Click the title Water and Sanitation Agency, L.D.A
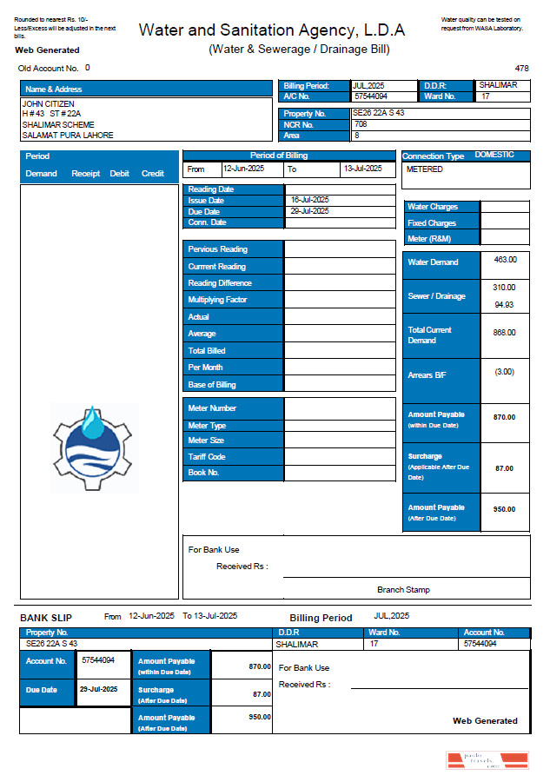tap(272, 30)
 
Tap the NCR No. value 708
tap(361, 124)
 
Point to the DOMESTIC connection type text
tap(494, 155)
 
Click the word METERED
tap(425, 169)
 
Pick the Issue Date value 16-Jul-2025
tap(309, 200)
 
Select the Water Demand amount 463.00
tap(505, 260)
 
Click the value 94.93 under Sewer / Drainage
tap(504, 305)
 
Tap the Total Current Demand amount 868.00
tap(505, 333)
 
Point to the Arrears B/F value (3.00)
tap(505, 372)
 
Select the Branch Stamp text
tap(403, 590)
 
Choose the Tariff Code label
tap(207, 457)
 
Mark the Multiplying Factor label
tap(217, 300)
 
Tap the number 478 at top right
tap(521, 68)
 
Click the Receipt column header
tap(86, 174)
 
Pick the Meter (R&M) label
tap(430, 239)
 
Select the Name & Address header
tap(54, 89)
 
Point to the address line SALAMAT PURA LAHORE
tap(68, 136)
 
